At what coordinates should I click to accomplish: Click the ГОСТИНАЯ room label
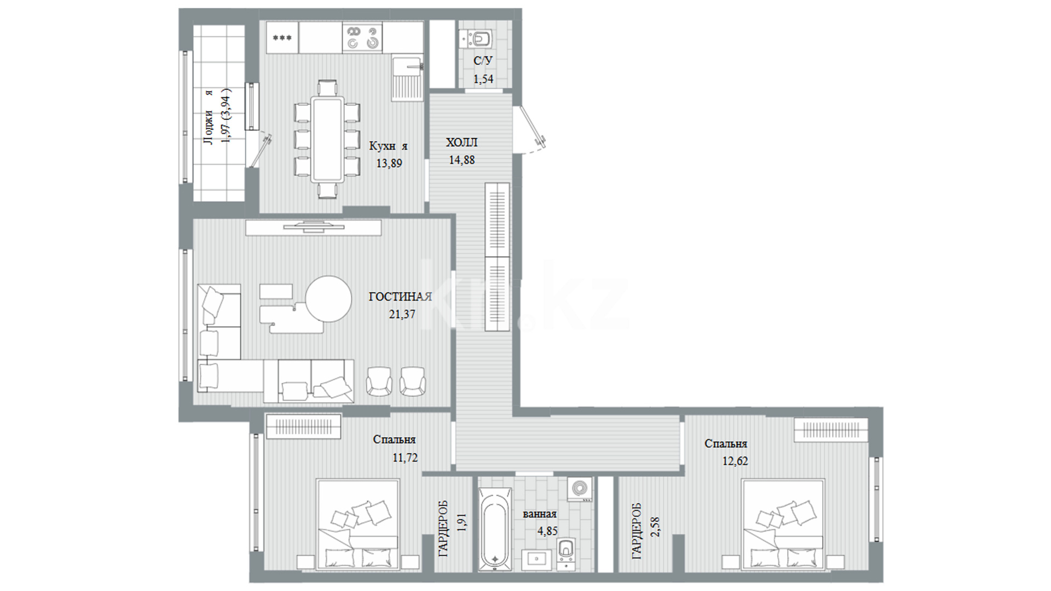[400, 297]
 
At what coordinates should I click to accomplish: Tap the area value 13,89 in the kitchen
[389, 163]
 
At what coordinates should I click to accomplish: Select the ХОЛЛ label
[461, 143]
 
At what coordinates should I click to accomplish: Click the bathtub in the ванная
[496, 528]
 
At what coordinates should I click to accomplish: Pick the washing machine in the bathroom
[580, 489]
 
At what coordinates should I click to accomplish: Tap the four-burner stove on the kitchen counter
[362, 37]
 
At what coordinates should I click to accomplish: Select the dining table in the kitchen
[327, 139]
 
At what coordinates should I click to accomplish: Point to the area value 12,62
[735, 461]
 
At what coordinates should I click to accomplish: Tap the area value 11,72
[405, 457]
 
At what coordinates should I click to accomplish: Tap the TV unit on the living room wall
[313, 227]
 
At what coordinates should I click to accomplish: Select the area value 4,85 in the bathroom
[548, 531]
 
